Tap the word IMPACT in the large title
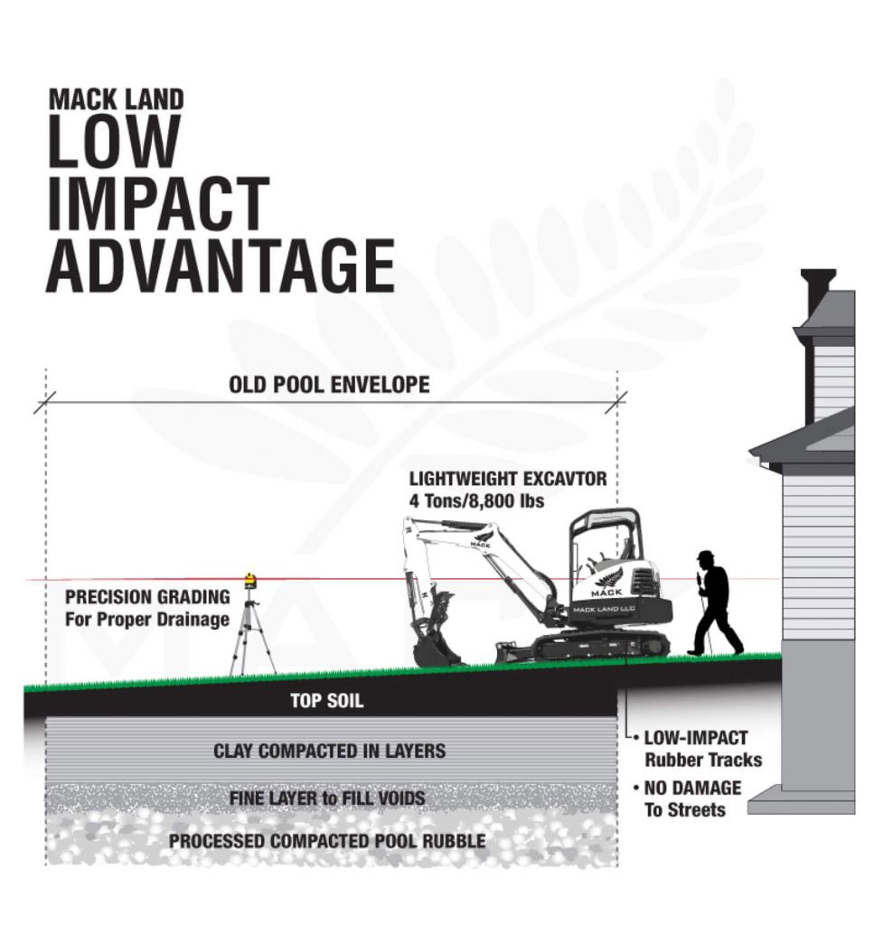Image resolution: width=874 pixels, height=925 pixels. pos(158,203)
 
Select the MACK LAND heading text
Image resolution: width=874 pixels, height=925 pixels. pos(117,99)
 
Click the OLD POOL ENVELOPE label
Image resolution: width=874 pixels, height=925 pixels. pos(329,385)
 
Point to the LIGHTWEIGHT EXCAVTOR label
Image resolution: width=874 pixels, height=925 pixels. pos(508,479)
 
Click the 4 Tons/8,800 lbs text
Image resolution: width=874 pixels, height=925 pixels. pos(477,500)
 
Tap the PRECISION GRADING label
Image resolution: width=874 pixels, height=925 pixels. pos(147,597)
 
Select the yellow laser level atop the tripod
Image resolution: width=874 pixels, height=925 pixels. pos(250,582)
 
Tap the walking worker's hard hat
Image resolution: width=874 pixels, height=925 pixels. pos(706,556)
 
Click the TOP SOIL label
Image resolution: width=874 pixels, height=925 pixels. pos(327,701)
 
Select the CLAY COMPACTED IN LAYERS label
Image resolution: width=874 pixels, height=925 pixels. pos(329,751)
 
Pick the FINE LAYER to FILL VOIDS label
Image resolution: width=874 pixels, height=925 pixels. pos(327,799)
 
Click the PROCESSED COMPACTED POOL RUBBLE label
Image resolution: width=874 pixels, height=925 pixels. pos(327,841)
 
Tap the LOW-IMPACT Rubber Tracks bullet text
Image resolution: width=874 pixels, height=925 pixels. pos(702,749)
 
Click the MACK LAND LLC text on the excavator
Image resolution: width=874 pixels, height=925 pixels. pos(604,610)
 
